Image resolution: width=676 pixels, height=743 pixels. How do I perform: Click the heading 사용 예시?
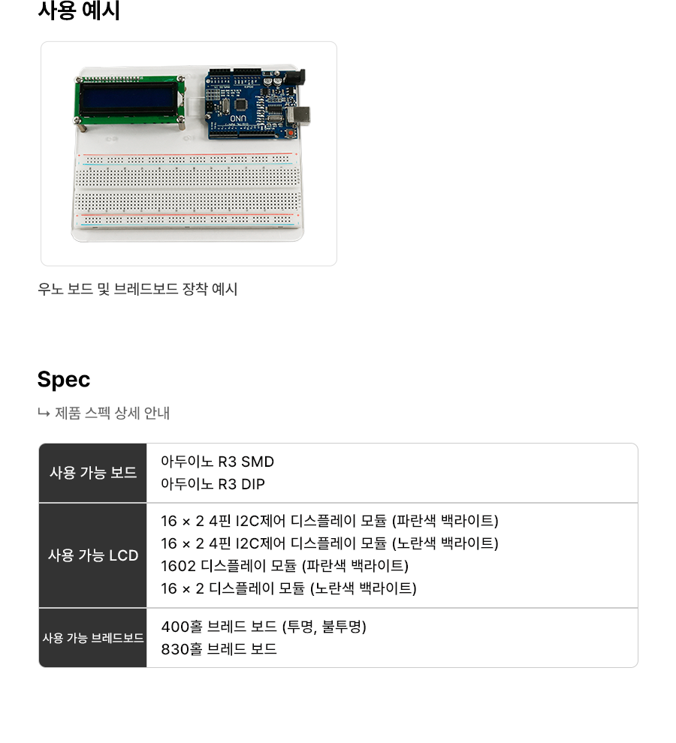click(x=79, y=11)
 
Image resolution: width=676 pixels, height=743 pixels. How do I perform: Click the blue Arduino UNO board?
click(x=255, y=104)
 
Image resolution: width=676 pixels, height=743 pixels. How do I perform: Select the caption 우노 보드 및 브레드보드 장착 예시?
click(x=137, y=289)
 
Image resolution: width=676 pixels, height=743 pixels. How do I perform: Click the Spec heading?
click(x=64, y=380)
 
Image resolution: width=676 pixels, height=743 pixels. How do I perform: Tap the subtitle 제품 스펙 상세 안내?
click(x=113, y=414)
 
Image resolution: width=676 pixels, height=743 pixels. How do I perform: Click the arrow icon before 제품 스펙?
click(x=44, y=414)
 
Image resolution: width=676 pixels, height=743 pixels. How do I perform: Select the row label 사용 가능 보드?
click(x=93, y=472)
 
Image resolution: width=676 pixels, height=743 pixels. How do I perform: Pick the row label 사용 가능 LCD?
click(x=93, y=555)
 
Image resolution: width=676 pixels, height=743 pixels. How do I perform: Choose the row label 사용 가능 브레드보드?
click(x=93, y=638)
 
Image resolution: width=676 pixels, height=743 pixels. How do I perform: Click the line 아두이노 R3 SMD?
click(x=217, y=462)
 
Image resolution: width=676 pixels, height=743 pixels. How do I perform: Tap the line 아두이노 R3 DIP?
click(x=213, y=484)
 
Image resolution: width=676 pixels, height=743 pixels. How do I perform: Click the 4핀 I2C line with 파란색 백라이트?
click(x=330, y=521)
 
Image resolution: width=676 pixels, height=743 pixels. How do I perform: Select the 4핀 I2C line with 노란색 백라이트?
click(x=330, y=543)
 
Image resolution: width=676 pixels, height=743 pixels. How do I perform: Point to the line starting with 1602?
click(x=285, y=566)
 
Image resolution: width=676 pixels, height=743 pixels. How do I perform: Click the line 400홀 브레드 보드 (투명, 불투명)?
click(x=264, y=627)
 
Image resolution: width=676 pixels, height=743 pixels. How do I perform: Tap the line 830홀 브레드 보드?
click(x=219, y=648)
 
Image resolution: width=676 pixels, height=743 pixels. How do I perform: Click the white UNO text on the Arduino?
click(x=238, y=119)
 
